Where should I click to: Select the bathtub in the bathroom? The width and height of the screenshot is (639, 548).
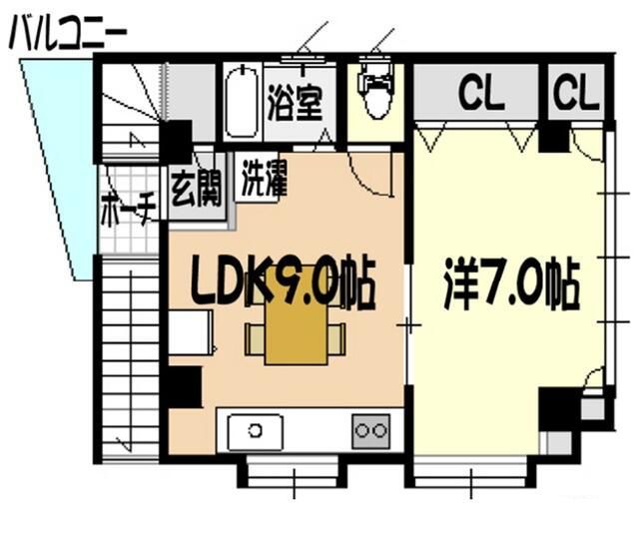pyautogui.click(x=242, y=104)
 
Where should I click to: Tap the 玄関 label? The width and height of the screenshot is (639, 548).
pyautogui.click(x=197, y=190)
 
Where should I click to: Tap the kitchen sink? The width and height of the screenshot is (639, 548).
pyautogui.click(x=256, y=431)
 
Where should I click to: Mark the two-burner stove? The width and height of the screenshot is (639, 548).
pyautogui.click(x=370, y=431)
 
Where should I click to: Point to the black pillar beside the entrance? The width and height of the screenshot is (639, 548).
pyautogui.click(x=177, y=143)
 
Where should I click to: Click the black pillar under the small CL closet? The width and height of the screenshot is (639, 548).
pyautogui.click(x=553, y=137)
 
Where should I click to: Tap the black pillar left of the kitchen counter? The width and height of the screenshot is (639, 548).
pyautogui.click(x=182, y=387)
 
